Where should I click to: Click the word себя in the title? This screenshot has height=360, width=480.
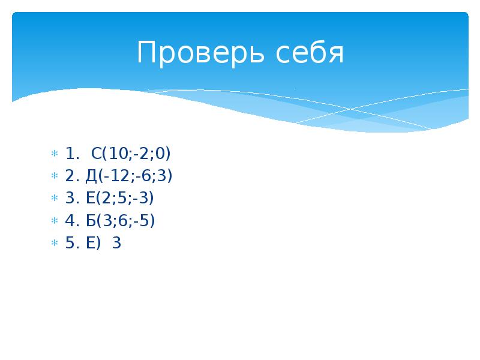click(310, 54)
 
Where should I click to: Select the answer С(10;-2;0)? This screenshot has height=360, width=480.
click(131, 154)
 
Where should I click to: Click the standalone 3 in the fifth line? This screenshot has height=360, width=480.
click(116, 243)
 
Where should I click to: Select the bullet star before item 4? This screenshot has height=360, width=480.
click(53, 221)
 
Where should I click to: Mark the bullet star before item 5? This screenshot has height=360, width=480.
click(53, 244)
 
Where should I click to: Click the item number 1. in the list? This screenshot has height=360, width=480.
click(72, 154)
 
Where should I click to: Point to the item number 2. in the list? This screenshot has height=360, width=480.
click(72, 176)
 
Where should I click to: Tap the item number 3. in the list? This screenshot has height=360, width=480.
click(72, 199)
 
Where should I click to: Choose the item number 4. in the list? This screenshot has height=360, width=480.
click(72, 221)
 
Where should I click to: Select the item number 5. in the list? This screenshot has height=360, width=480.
click(72, 243)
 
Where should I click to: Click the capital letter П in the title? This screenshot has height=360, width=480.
click(146, 54)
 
